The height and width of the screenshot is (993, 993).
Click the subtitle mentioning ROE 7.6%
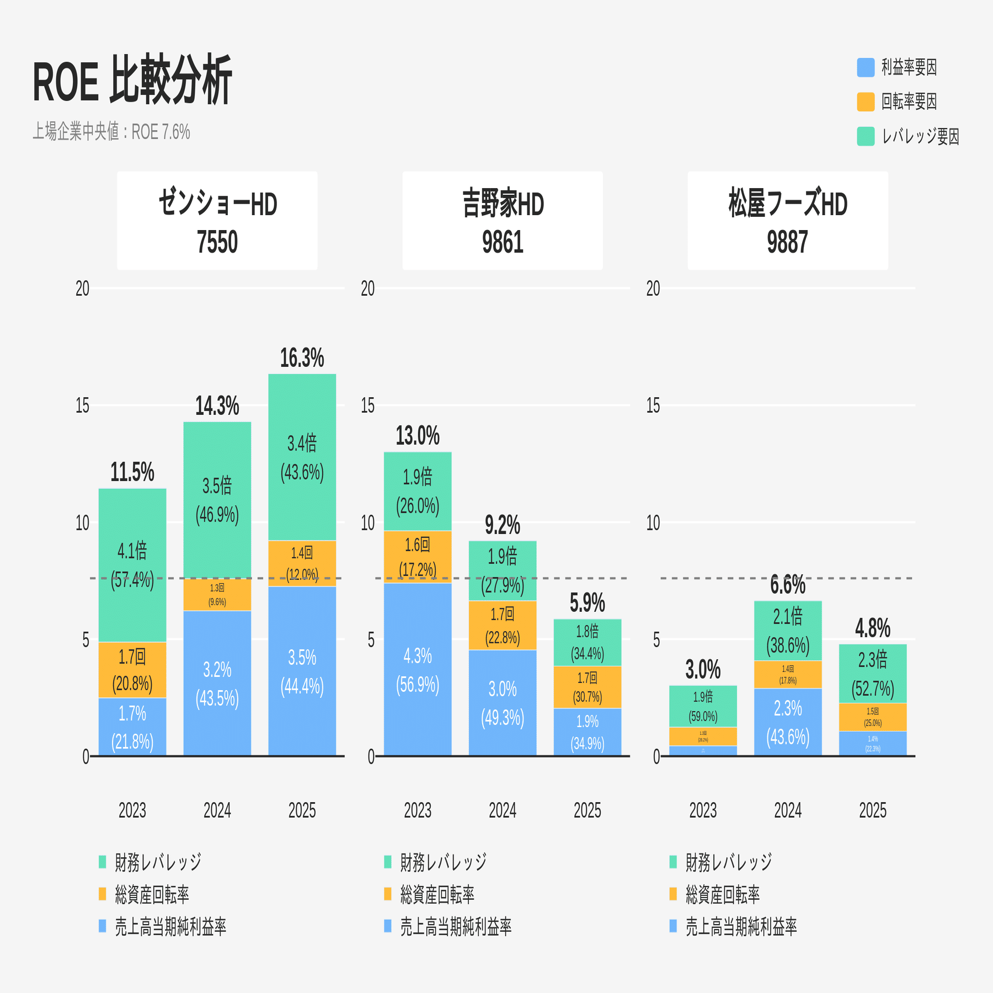[x=111, y=132]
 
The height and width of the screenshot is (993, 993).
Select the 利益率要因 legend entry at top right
[x=898, y=67]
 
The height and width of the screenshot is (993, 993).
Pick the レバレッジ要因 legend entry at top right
[x=909, y=136]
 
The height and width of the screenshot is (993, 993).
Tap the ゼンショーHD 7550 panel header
[x=217, y=221]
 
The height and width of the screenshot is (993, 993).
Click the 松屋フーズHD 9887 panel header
[x=787, y=221]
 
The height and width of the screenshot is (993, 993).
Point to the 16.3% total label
[x=302, y=359]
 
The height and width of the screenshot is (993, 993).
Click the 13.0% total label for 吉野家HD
[x=418, y=436]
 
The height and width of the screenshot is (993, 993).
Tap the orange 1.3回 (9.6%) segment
[x=217, y=595]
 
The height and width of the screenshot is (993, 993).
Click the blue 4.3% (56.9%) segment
[x=418, y=669]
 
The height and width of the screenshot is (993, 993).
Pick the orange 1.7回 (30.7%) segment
[x=588, y=687]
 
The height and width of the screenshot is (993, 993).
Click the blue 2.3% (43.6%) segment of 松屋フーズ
[x=788, y=722]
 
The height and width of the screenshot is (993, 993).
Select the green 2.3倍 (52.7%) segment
[x=873, y=673]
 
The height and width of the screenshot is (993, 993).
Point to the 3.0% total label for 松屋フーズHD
[x=703, y=670]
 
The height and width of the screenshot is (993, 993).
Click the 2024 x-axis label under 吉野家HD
[x=503, y=810]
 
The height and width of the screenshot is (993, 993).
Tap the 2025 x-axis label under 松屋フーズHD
[x=873, y=810]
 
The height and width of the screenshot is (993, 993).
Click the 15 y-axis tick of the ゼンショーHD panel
[x=82, y=406]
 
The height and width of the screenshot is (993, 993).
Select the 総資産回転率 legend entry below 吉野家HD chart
[x=436, y=894]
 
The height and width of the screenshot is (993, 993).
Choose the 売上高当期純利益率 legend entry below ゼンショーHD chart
[x=170, y=927]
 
